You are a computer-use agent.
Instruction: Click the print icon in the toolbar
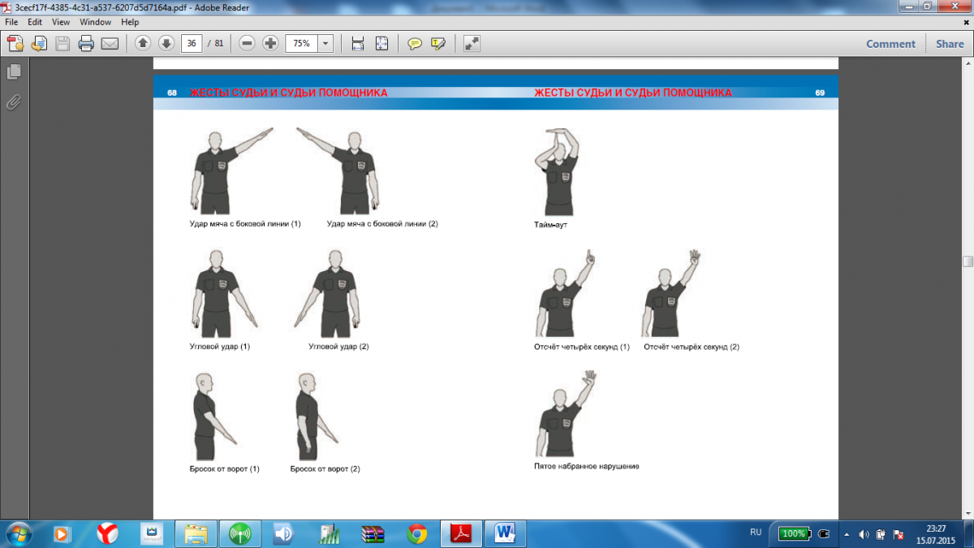coord(86,44)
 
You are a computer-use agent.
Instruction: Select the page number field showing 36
coord(192,44)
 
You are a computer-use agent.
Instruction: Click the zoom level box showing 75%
coord(301,44)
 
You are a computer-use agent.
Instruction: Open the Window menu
coord(95,22)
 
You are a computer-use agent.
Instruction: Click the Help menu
coord(130,22)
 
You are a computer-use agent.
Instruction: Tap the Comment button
coord(890,44)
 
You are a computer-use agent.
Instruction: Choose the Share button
coord(950,44)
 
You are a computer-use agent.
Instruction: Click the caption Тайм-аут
coord(550,225)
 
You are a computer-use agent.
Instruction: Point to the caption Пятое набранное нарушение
coord(587,466)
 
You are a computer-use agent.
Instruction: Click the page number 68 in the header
coord(172,93)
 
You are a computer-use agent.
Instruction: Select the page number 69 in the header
coord(820,93)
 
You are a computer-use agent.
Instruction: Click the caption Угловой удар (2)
coord(338,347)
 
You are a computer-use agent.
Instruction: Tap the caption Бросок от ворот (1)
coord(224,469)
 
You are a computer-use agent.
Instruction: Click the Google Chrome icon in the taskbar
coord(416,533)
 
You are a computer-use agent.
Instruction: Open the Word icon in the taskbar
coord(504,533)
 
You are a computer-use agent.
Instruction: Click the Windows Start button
coord(18,534)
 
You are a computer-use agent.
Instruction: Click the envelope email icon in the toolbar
coord(110,44)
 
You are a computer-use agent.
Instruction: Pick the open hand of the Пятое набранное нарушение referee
coord(590,378)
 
